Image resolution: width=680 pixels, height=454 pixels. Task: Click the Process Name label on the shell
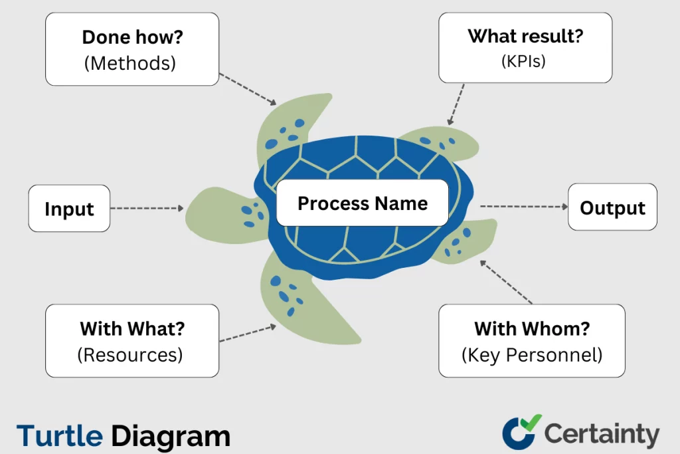tap(363, 203)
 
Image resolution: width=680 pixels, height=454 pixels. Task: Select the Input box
tap(69, 209)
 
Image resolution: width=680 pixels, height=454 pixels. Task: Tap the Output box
tap(612, 208)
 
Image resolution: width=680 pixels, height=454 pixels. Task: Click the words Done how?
tap(131, 38)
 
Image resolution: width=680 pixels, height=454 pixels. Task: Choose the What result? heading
tap(525, 36)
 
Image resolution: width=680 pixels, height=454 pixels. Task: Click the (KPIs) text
tap(525, 60)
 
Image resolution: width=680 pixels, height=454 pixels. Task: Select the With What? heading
tap(132, 328)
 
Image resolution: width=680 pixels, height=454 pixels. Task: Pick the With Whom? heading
tap(532, 328)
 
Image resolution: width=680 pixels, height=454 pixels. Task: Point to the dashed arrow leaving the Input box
tap(147, 209)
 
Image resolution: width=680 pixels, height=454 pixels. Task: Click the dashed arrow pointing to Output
tap(524, 207)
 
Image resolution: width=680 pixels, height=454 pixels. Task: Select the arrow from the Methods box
tap(247, 89)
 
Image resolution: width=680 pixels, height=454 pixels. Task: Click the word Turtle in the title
tap(60, 436)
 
